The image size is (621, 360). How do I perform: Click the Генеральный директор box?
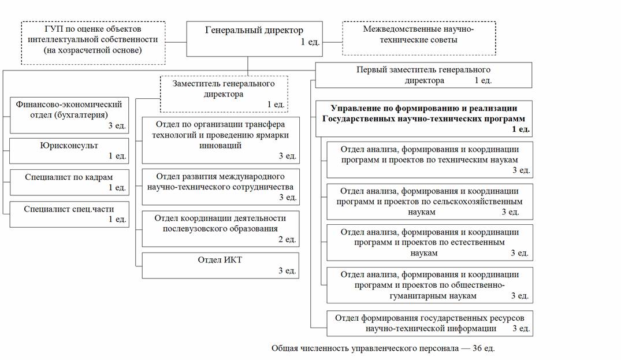pyautogui.click(x=254, y=38)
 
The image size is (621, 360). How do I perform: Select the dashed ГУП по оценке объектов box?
pyautogui.click(x=93, y=42)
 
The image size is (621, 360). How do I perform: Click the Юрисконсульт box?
pyautogui.click(x=69, y=151)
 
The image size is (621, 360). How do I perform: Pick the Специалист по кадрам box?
pyautogui.click(x=69, y=182)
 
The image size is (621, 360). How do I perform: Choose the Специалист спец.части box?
pyautogui.click(x=69, y=214)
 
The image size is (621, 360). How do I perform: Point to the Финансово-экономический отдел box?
pyautogui.click(x=69, y=114)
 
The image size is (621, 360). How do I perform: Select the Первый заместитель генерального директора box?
pyautogui.click(x=423, y=75)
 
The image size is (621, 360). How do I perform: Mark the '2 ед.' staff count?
pyautogui.click(x=287, y=239)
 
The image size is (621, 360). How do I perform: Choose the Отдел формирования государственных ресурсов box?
pyautogui.click(x=429, y=324)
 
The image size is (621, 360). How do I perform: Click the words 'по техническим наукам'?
pyautogui.click(x=474, y=159)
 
